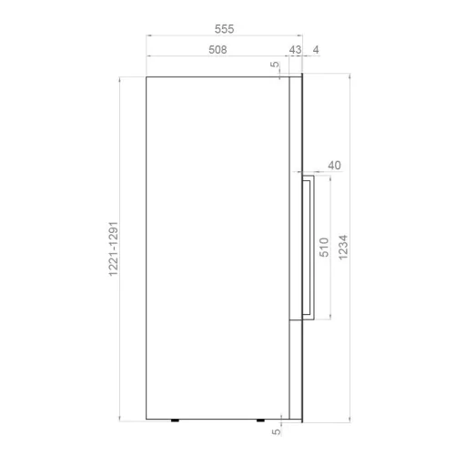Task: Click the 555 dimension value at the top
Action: pyautogui.click(x=224, y=29)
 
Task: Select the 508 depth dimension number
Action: pyautogui.click(x=218, y=50)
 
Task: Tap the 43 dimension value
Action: pyautogui.click(x=295, y=50)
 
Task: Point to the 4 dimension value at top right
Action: pyautogui.click(x=316, y=50)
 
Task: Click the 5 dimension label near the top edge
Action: pyautogui.click(x=275, y=65)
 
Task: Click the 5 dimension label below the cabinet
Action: pyautogui.click(x=276, y=431)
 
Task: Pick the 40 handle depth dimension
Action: pyautogui.click(x=334, y=166)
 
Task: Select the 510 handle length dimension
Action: pyautogui.click(x=324, y=248)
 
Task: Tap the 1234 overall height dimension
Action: pyautogui.click(x=343, y=248)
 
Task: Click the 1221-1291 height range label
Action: pyautogui.click(x=113, y=248)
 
